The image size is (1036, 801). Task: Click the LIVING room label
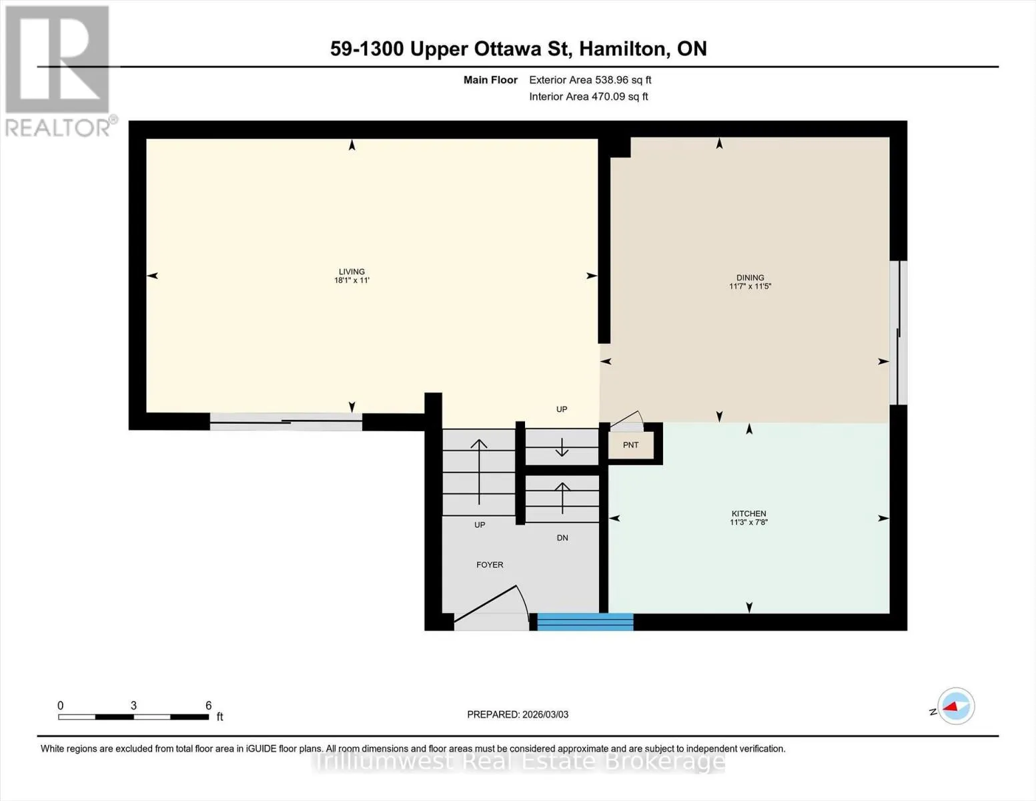tap(352, 272)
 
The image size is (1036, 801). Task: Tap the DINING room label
tap(750, 278)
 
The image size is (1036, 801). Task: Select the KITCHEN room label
tap(748, 513)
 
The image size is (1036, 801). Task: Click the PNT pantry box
tap(631, 445)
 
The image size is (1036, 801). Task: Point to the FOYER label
tap(490, 565)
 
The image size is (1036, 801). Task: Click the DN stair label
tap(562, 537)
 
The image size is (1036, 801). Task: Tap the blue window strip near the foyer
tap(585, 621)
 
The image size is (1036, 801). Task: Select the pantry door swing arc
tap(628, 418)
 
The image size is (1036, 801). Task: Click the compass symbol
tap(955, 706)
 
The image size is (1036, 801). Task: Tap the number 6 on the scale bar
tap(208, 705)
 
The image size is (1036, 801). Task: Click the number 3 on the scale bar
tap(133, 705)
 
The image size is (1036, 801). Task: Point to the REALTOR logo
tap(59, 71)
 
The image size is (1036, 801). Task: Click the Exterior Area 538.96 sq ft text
tap(590, 80)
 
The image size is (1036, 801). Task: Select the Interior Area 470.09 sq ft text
tap(588, 96)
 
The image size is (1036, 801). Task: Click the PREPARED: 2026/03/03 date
tap(518, 714)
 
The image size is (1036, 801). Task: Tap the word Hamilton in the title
tap(622, 49)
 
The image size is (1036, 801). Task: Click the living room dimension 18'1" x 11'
tap(352, 280)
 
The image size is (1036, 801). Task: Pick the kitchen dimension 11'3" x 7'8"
tap(748, 522)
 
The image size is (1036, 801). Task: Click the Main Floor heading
tap(490, 80)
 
